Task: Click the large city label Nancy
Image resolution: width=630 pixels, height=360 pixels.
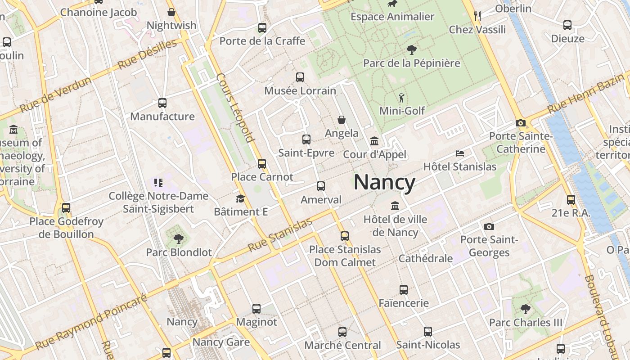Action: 384,182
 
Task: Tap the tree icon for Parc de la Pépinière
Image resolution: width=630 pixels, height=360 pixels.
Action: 411,49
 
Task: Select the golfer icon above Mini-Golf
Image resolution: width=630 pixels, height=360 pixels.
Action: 401,97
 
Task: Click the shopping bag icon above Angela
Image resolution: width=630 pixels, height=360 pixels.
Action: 342,120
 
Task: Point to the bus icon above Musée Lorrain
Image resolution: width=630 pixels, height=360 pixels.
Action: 300,77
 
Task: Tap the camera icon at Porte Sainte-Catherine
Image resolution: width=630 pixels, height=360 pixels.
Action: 521,123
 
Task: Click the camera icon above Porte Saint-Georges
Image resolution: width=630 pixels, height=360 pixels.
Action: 489,226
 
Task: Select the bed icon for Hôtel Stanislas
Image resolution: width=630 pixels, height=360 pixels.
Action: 459,153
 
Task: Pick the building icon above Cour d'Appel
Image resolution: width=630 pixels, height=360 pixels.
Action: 374,141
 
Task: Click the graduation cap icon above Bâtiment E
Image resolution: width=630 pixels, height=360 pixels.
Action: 240,198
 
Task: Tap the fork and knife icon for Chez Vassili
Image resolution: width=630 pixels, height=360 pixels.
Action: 477,16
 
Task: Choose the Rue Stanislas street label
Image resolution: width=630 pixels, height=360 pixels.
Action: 280,235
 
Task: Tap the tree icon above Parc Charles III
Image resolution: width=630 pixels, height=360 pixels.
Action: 525,309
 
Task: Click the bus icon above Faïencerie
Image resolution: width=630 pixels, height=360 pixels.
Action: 404,290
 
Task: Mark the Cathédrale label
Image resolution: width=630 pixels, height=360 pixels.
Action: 426,258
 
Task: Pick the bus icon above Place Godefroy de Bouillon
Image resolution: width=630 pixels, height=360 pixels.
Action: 66,208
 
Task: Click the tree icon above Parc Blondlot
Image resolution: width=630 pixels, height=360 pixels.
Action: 179,239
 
